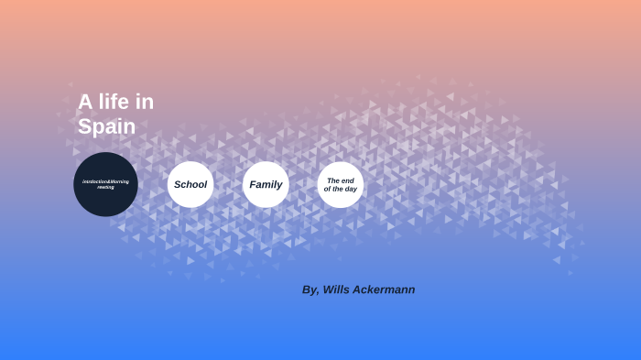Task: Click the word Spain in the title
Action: (x=106, y=126)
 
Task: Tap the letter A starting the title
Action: (x=85, y=102)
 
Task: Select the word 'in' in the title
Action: (x=145, y=102)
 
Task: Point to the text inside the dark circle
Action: (x=105, y=184)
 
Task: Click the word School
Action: (x=190, y=184)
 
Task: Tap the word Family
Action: (x=266, y=184)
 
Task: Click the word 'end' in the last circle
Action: (x=348, y=180)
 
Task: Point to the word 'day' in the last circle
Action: (x=350, y=189)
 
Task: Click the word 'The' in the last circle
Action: (x=334, y=180)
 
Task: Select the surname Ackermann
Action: (x=386, y=289)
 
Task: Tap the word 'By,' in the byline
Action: (x=310, y=289)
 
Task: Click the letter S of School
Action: (x=178, y=184)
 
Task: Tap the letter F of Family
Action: (x=253, y=184)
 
